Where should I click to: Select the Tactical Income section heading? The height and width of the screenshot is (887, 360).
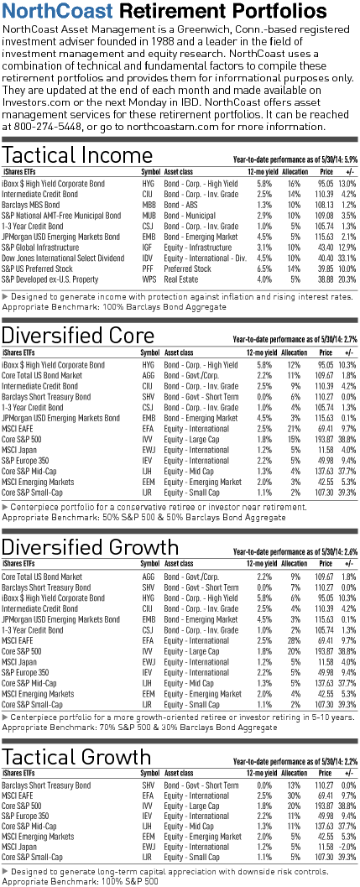[77, 154]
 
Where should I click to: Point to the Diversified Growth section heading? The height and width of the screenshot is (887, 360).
[90, 547]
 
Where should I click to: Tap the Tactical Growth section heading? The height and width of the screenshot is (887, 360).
[77, 758]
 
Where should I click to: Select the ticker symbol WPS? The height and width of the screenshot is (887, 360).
[149, 279]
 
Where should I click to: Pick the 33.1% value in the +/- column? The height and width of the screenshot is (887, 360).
[347, 258]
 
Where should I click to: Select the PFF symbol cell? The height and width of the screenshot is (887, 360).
[148, 269]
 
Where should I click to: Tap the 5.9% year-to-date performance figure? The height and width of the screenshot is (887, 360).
[350, 159]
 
